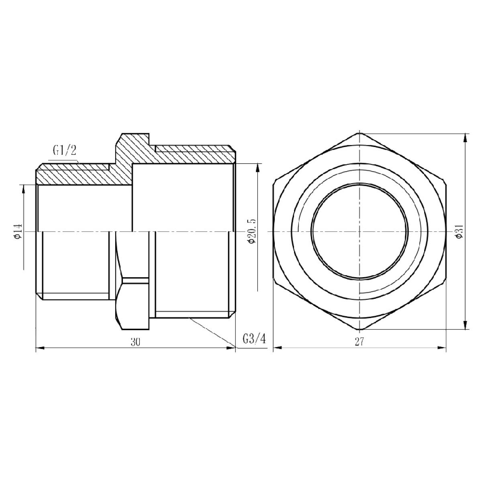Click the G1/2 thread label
pos(64,151)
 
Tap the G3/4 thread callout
pos(254,339)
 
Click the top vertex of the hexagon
pos(359,133)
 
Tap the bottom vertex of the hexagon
pos(359,329)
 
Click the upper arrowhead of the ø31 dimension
pos(465,138)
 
